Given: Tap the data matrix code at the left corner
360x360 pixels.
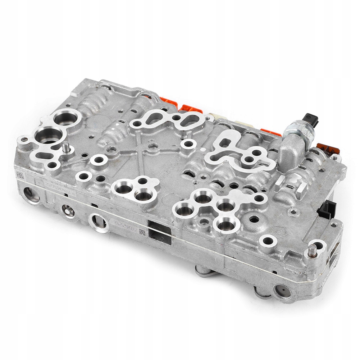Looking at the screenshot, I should (20, 175).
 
